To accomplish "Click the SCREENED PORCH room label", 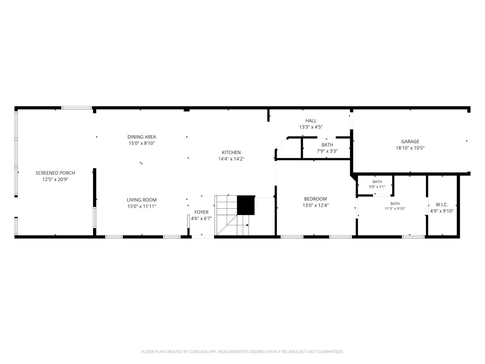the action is coord(55,173).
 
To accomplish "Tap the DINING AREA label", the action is coord(141,137).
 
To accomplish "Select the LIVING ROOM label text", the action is coord(141,200).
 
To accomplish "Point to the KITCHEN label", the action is coord(231,152).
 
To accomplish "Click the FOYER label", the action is coord(201,212).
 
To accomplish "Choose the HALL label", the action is coord(311,121).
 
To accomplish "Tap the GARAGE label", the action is coord(410,142).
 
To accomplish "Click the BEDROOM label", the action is coord(316,199).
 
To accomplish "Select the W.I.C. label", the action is coord(442,205).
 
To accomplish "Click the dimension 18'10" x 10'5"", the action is coord(410,148).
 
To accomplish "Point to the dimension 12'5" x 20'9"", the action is coord(55,179).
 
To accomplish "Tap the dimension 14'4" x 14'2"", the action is coord(231,159).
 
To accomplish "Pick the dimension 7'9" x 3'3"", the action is coord(327,151).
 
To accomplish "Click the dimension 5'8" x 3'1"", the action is coord(377,186).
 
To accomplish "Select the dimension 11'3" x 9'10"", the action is coord(395,208).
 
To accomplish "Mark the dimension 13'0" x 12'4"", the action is coord(316,205).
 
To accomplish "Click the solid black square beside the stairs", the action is coord(246,205).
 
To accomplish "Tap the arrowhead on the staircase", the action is coord(247,225).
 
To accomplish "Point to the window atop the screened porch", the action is coord(76,108).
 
